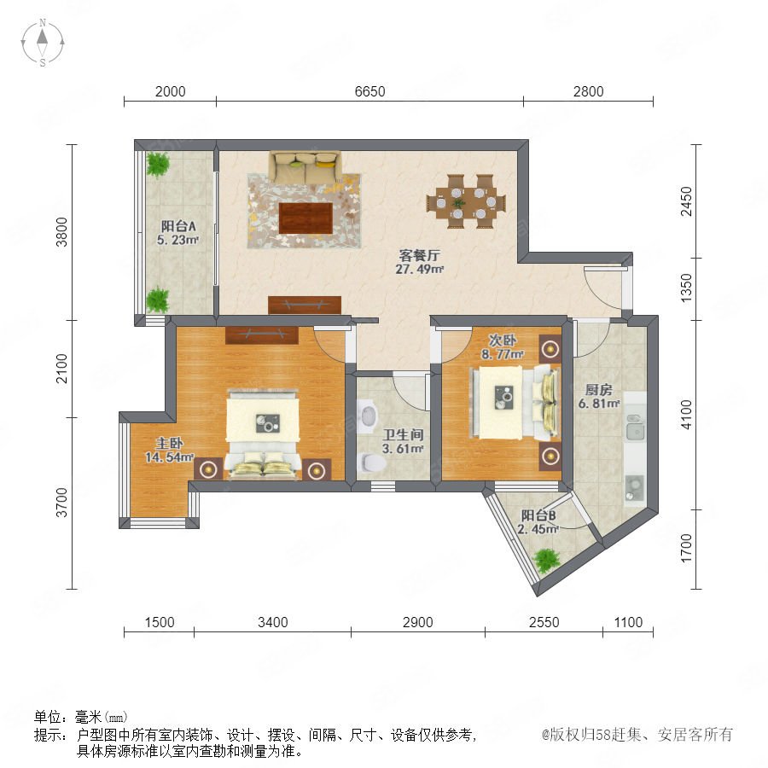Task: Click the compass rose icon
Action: point(43,43)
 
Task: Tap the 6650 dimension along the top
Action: point(369,91)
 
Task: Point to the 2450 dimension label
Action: point(687,201)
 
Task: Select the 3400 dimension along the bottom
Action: point(273,622)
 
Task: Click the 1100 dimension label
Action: point(628,622)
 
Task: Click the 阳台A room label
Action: point(178,226)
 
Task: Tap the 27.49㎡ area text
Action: point(419,269)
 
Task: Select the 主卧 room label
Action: point(169,443)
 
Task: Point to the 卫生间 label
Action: point(403,434)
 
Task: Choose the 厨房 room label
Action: point(598,390)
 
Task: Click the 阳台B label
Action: point(538,515)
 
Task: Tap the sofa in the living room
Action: point(305,167)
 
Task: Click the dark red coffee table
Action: point(305,218)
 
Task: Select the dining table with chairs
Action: point(466,201)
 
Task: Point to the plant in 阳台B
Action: point(546,560)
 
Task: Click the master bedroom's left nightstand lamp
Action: point(209,469)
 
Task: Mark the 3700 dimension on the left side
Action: point(61,503)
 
